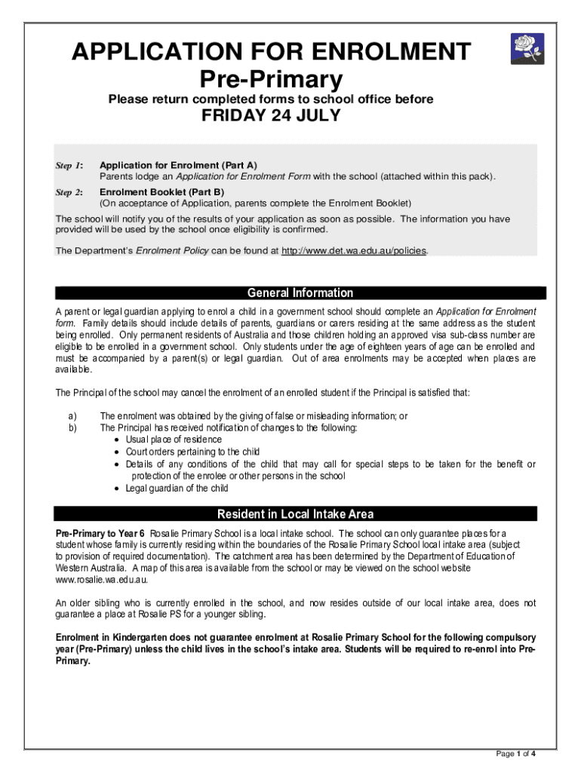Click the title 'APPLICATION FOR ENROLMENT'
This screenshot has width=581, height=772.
[271, 53]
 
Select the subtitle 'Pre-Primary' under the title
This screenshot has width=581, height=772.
[271, 78]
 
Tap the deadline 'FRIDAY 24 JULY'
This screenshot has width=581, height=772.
[271, 115]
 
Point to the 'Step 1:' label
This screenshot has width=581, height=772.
[69, 165]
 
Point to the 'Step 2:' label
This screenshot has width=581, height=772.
[69, 192]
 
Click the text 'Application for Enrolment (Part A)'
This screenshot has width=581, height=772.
[178, 165]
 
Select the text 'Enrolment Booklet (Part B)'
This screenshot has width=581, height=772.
[161, 192]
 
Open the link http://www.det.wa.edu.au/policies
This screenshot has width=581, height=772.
[354, 251]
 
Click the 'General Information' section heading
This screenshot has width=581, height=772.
[300, 293]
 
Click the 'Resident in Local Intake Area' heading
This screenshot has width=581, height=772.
[295, 514]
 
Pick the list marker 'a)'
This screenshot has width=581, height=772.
[72, 415]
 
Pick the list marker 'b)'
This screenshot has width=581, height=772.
[72, 427]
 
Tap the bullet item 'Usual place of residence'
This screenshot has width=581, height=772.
[174, 440]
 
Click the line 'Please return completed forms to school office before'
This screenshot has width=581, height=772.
[271, 99]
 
